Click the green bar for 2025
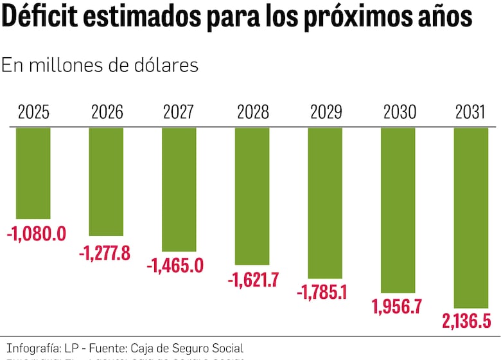click(x=33, y=174)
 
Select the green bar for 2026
click(x=106, y=182)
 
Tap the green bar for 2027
click(x=179, y=190)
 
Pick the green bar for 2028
click(x=252, y=196)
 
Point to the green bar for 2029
click(x=325, y=203)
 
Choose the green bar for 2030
click(x=398, y=210)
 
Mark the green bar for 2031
click(x=471, y=218)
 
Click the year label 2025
click(x=33, y=113)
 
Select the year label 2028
click(x=252, y=113)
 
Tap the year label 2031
click(x=470, y=113)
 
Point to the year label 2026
click(x=107, y=113)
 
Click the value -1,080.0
click(x=37, y=233)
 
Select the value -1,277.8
click(x=105, y=253)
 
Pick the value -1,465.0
click(x=175, y=265)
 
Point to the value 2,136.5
click(x=468, y=321)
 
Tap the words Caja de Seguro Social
click(x=187, y=348)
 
